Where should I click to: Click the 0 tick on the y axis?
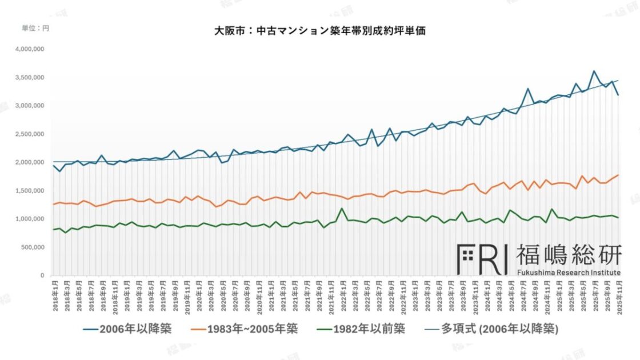42,275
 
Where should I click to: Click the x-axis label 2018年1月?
54,298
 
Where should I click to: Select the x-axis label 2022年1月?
342,298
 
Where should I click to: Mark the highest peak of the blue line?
594,71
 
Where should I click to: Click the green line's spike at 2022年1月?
342,209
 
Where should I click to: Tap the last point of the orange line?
618,175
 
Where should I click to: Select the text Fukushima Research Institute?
569,273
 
